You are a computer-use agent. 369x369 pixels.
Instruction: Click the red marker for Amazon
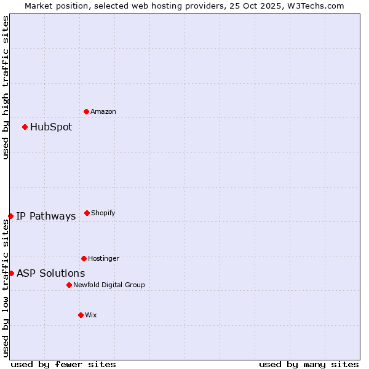coord(87,111)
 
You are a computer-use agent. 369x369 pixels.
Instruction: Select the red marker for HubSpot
coord(25,127)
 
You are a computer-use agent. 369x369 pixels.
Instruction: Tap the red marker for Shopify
coord(87,213)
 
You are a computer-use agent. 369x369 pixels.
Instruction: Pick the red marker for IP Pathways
coord(11,216)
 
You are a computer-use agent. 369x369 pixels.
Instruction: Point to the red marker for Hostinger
coord(84,258)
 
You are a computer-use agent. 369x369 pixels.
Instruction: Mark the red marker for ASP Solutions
coord(11,273)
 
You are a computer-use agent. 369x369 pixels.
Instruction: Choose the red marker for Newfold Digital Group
coord(69,285)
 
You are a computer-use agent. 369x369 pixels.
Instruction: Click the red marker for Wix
coord(81,315)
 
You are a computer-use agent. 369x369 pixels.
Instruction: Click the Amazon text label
coord(103,112)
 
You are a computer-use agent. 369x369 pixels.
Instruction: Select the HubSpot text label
coord(51,127)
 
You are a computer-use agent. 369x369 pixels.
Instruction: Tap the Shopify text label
coord(103,213)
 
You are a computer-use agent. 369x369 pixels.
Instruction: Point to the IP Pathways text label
coord(46,216)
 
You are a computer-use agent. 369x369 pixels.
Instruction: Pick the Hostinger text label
coord(103,259)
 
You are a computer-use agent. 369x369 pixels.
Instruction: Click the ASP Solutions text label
coord(51,274)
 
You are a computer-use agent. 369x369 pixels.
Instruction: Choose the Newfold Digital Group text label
coord(109,285)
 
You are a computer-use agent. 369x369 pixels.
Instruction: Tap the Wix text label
coord(91,315)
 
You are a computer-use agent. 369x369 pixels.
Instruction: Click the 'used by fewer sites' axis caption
coord(63,365)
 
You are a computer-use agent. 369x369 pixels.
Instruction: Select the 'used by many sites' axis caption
coord(309,365)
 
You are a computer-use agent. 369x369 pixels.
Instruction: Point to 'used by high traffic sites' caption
coord(6,87)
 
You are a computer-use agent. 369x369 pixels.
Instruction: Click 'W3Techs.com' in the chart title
coord(314,6)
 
